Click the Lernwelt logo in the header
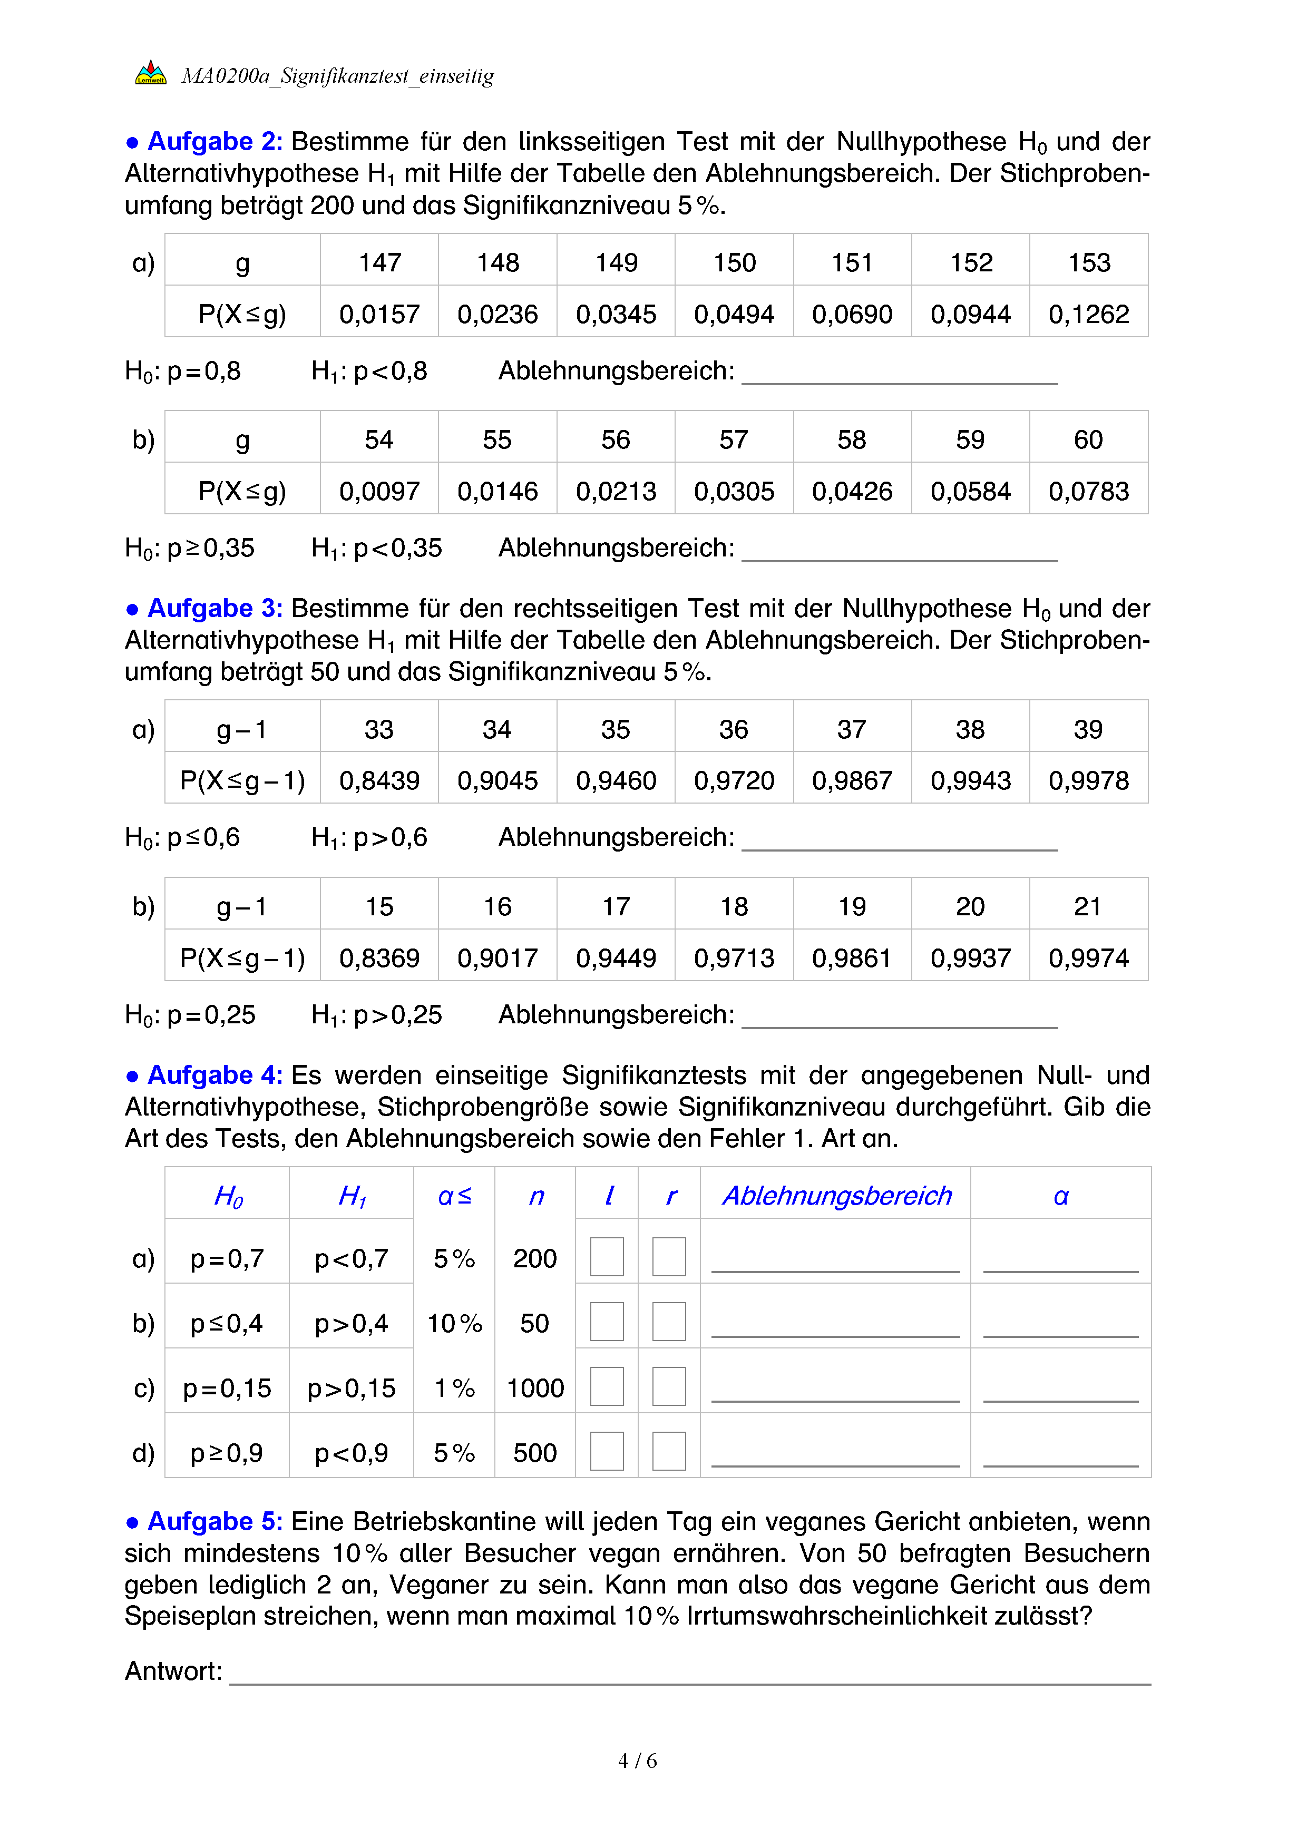tap(151, 73)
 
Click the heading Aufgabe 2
tap(214, 142)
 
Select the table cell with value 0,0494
tap(734, 314)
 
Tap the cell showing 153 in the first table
tap(1088, 262)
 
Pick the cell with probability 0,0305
tap(734, 491)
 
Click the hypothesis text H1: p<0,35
tap(377, 548)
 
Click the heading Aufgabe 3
tap(214, 609)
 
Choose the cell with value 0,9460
tap(616, 780)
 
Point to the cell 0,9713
tap(734, 958)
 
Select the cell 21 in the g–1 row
tap(1088, 907)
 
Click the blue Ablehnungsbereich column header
tap(836, 1196)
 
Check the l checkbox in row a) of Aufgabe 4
tap(607, 1256)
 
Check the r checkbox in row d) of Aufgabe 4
tap(669, 1451)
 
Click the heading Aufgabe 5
tap(214, 1522)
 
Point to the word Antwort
tap(173, 1671)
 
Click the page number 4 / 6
tap(637, 1761)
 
